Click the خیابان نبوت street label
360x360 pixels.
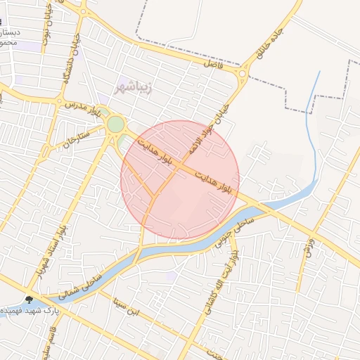[46, 32]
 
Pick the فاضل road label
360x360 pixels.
[212, 63]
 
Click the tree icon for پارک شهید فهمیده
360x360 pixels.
[29, 300]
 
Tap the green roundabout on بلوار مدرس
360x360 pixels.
[115, 124]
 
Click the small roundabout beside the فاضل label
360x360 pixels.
[243, 72]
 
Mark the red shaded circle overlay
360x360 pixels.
[180, 180]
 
